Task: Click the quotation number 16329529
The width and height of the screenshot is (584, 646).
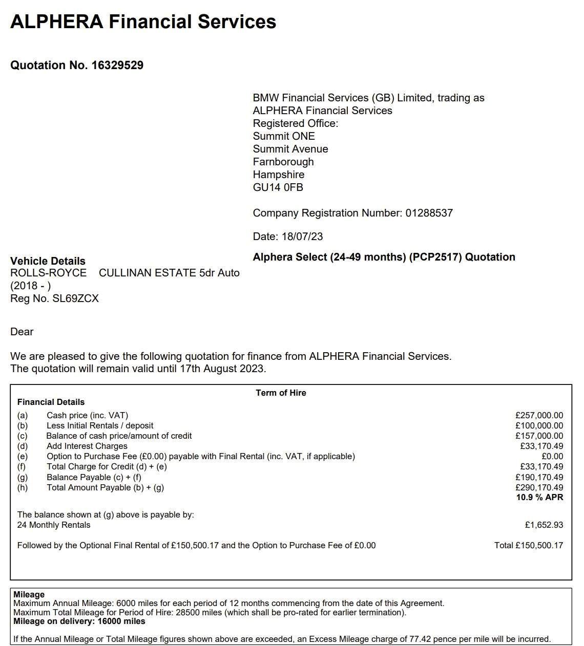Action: click(x=117, y=66)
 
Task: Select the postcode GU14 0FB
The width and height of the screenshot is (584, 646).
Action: click(x=278, y=187)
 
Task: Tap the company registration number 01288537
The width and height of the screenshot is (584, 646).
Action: click(x=429, y=213)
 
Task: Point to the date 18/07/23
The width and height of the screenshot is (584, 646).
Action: click(x=302, y=236)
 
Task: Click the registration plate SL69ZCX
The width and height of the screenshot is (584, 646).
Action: click(x=75, y=298)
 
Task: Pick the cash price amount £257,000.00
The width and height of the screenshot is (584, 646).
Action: click(x=539, y=416)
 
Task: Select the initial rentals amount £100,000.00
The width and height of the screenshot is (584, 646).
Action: click(x=539, y=426)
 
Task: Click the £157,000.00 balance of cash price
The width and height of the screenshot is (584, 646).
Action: click(x=539, y=436)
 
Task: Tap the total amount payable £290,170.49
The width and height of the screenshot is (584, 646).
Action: click(x=539, y=488)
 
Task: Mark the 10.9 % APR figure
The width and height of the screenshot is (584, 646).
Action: click(x=539, y=498)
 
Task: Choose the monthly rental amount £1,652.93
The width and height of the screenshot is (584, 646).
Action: click(x=544, y=525)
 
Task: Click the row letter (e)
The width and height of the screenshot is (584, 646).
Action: click(x=23, y=457)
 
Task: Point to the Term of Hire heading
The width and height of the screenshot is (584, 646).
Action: click(x=281, y=393)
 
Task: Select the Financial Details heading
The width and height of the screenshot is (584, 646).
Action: click(x=51, y=402)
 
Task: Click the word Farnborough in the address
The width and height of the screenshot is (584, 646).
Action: click(x=283, y=162)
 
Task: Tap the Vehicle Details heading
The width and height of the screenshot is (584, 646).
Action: click(x=48, y=261)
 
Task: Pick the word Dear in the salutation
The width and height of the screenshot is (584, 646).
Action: click(x=22, y=332)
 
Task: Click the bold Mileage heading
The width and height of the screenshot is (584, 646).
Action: click(x=29, y=595)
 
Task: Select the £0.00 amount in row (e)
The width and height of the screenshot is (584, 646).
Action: click(x=552, y=457)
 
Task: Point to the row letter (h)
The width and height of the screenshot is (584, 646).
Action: click(x=23, y=488)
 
